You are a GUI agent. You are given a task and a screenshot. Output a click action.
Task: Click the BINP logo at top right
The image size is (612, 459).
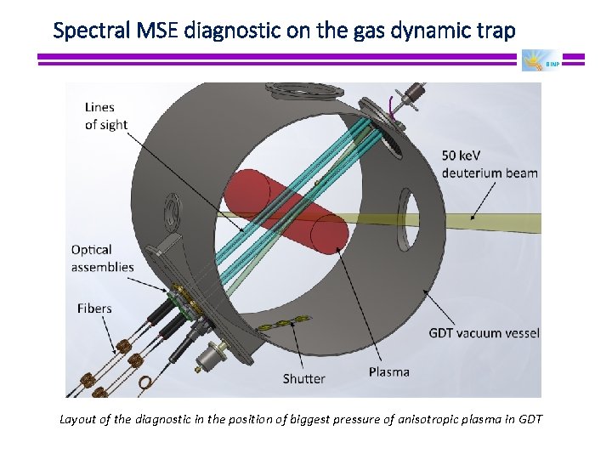[x=540, y=61]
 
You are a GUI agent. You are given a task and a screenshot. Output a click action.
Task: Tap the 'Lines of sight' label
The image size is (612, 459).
[x=106, y=116]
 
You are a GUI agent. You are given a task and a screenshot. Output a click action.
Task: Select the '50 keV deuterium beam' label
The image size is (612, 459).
[x=489, y=164]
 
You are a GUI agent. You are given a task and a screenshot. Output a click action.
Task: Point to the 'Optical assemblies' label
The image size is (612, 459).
[x=102, y=258]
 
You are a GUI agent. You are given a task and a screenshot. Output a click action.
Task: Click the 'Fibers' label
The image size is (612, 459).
[x=94, y=308]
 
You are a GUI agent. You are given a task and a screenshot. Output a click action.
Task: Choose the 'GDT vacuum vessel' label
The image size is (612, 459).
[x=484, y=332]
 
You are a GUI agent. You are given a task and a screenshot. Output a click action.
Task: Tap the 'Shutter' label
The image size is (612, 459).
[x=303, y=378]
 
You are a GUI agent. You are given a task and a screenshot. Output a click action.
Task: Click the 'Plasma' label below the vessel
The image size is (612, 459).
[x=388, y=371]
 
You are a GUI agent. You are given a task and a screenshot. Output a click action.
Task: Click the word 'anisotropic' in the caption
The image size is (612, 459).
[x=397, y=419]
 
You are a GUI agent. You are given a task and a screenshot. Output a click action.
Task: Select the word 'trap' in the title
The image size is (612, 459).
[x=496, y=31]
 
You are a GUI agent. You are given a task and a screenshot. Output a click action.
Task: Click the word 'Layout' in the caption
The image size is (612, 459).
[x=78, y=419]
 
